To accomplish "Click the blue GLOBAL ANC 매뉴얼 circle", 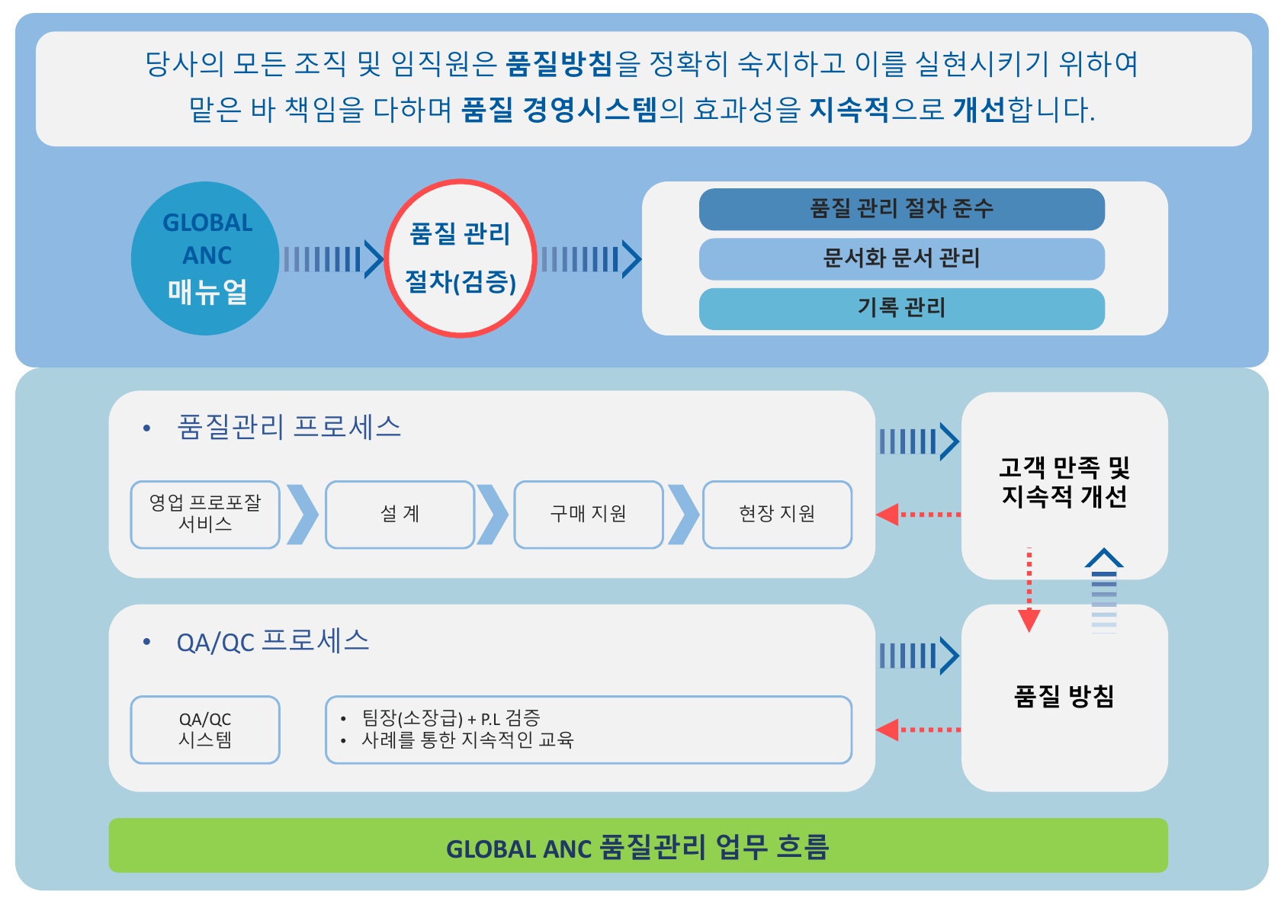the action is pos(205,258).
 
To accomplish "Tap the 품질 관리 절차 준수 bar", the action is pos(902,209).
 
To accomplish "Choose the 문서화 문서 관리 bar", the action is pos(902,259).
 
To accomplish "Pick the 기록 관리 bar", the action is pos(902,309).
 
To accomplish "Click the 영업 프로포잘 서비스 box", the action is pos(205,514).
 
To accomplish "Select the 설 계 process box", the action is pos(400,514).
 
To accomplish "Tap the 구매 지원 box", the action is pos(589,514).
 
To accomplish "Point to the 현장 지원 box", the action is pos(777,514).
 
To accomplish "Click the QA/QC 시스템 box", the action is pos(205,730).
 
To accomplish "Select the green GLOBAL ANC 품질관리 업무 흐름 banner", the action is pos(638,845).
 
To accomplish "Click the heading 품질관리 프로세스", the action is pos(289,427).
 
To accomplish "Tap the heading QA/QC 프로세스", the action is pos(273,641).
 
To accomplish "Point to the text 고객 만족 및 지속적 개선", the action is pos(1064,482).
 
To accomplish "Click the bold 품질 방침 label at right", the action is pos(1064,697).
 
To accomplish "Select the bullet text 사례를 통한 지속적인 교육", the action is pos(467,740).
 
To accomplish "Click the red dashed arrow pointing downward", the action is pos(1029,590).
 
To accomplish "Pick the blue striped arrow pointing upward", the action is pos(1104,591).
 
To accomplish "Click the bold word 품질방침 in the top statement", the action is pos(560,63).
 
